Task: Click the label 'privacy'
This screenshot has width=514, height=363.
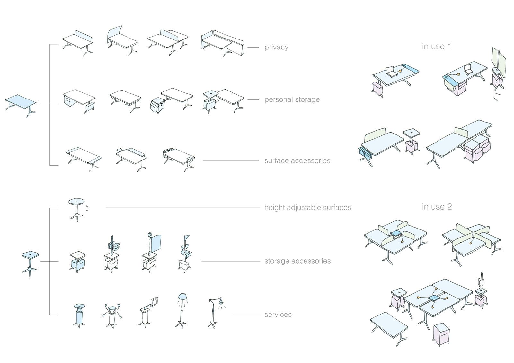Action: pos(276,47)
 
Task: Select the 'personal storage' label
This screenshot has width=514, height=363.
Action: pos(292,99)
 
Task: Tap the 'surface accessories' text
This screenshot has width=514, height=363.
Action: pos(297,160)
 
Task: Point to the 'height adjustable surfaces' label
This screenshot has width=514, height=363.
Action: pos(307,208)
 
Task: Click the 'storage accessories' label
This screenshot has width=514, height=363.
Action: pos(297,261)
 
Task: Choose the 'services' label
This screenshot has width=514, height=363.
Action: pos(278,315)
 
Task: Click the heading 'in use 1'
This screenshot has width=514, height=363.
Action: pos(436,46)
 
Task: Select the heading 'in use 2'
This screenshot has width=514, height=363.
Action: pos(437,207)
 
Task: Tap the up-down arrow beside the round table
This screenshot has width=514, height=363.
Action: pos(87,208)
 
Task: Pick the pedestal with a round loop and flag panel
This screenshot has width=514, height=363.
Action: pos(151,252)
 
